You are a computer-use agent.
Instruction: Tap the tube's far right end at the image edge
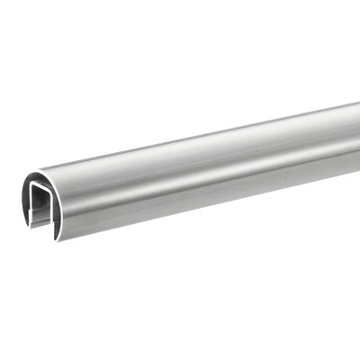(x=356, y=135)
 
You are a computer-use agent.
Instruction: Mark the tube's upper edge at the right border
(x=358, y=103)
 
